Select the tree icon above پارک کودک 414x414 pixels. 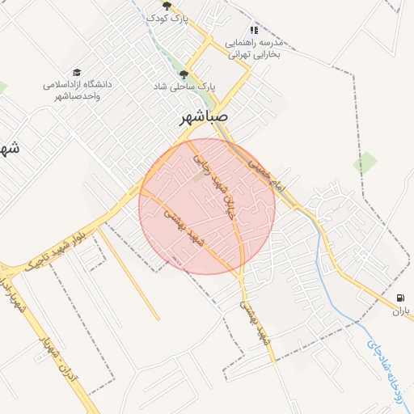tap(167, 6)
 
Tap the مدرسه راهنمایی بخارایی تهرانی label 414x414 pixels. tap(254, 48)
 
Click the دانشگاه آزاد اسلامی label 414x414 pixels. tap(77, 89)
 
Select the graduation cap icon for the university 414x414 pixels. tap(77, 73)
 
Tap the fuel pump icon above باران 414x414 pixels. tap(402, 296)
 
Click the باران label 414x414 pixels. tap(402, 310)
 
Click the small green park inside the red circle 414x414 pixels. tap(199, 175)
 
